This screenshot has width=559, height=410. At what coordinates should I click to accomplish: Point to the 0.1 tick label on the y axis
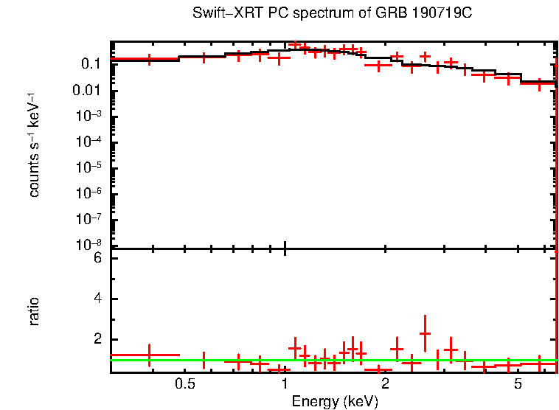click(x=91, y=64)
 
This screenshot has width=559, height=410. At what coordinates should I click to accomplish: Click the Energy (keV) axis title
click(x=335, y=402)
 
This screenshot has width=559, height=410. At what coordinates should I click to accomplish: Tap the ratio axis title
click(x=34, y=311)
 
